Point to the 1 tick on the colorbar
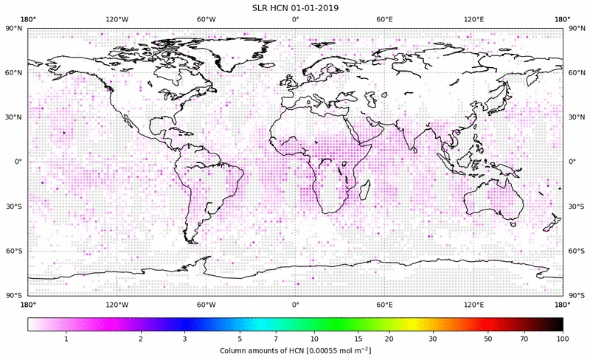click(x=66, y=338)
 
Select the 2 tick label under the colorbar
click(x=140, y=338)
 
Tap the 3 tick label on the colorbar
click(x=184, y=338)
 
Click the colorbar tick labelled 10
click(x=315, y=338)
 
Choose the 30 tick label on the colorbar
click(x=433, y=338)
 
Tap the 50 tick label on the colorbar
click(x=488, y=338)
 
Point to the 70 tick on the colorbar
click(x=524, y=338)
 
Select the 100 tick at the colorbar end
click(x=562, y=338)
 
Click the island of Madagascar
click(x=364, y=190)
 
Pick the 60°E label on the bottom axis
click(x=384, y=304)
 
